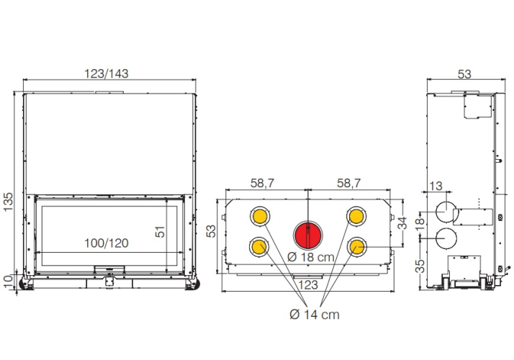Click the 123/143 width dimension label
pyautogui.click(x=107, y=73)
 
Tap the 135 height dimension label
pyautogui.click(x=8, y=202)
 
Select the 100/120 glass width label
pyautogui.click(x=107, y=243)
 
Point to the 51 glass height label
pyautogui.click(x=160, y=231)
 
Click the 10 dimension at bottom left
pyautogui.click(x=8, y=282)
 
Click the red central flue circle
pyautogui.click(x=308, y=235)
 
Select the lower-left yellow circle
pyautogui.click(x=259, y=247)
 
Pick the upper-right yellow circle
pyautogui.click(x=356, y=216)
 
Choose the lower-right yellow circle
pyautogui.click(x=356, y=246)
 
